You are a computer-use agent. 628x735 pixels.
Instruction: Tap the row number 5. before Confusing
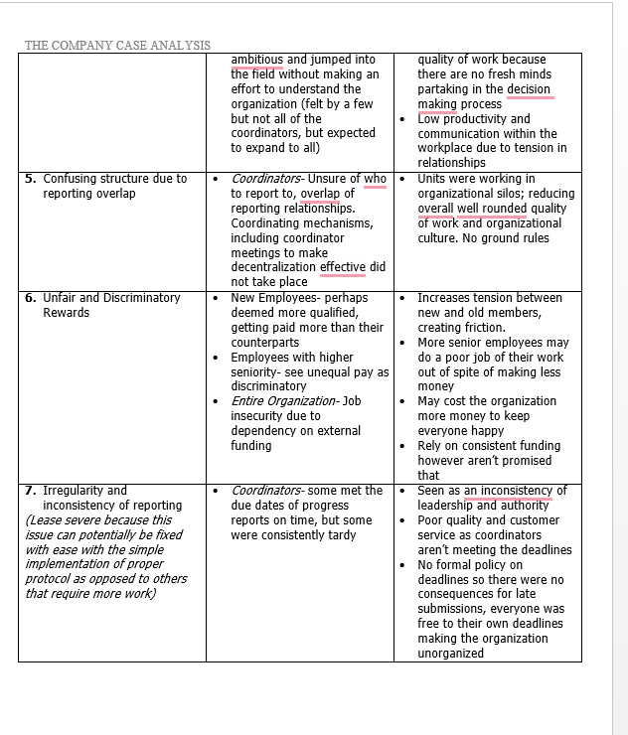(x=31, y=179)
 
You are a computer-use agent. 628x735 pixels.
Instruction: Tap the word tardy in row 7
(x=337, y=535)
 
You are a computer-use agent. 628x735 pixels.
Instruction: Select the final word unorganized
(x=450, y=654)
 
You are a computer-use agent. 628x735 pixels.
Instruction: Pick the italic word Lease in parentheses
(x=47, y=520)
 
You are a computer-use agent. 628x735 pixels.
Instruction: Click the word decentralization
(x=273, y=267)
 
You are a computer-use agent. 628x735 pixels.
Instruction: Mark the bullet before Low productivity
(x=401, y=119)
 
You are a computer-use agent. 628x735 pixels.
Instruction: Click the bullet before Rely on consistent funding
(x=401, y=446)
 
